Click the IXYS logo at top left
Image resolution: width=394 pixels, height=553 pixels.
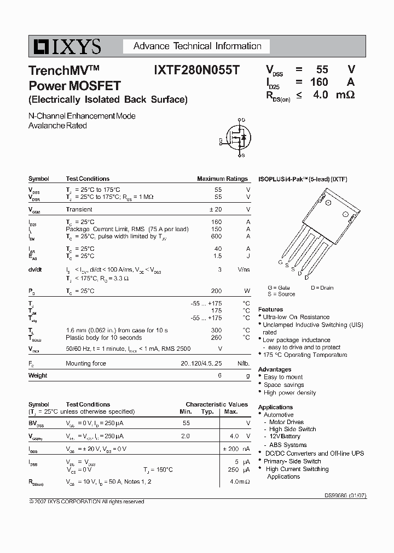tap(65, 47)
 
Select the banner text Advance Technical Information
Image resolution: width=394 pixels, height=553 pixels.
tap(198, 46)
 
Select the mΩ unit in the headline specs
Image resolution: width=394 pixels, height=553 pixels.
tap(346, 95)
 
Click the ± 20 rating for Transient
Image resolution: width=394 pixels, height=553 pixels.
tap(215, 209)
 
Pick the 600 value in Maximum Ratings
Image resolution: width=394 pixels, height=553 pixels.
tap(217, 236)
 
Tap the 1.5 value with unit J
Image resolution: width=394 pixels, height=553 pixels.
tap(218, 256)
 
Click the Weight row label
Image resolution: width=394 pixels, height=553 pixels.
tap(38, 375)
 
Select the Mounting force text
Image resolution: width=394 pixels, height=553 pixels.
tap(86, 363)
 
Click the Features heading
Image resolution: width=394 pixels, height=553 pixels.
tap(270, 309)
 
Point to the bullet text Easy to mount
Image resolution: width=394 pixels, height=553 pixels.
tap(283, 377)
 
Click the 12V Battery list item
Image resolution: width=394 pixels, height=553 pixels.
tap(285, 437)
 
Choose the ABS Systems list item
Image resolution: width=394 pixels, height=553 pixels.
tap(288, 445)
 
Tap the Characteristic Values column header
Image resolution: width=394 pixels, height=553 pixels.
tap(217, 404)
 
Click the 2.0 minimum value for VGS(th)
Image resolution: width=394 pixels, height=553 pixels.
tap(185, 436)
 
